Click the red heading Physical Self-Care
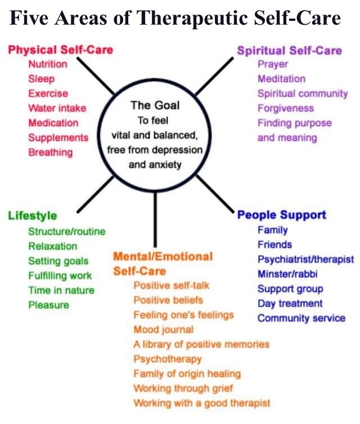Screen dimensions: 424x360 point(60,50)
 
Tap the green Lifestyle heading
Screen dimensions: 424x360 point(33,216)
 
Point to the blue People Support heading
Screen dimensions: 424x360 point(282,215)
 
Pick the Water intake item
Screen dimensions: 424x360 point(53,108)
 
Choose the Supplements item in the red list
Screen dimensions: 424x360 point(58,137)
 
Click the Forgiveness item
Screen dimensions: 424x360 point(286,108)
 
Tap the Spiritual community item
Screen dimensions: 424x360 point(303,93)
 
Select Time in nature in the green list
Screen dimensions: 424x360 point(61,291)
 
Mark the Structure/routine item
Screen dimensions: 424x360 point(66,231)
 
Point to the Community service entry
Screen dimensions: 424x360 point(301,318)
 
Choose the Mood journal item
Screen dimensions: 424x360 point(163,329)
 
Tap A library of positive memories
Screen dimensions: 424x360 point(201,344)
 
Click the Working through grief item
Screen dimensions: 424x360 point(183,389)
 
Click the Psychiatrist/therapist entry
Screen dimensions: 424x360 point(305,260)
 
